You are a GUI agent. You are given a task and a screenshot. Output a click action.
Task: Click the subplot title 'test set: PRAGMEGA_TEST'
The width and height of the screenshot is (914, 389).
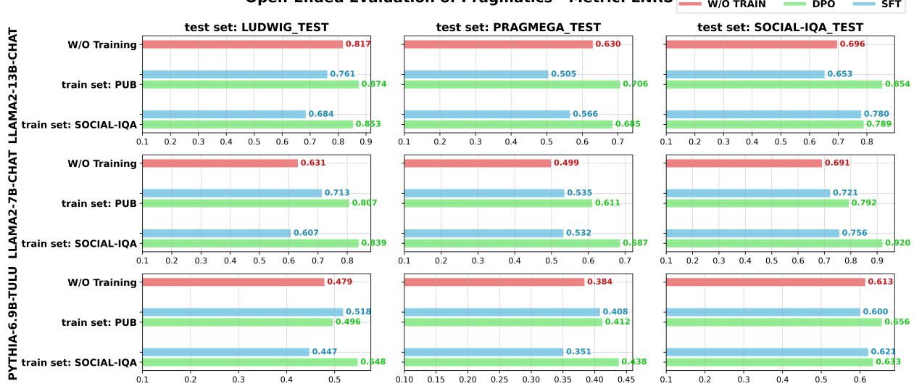(x=518, y=28)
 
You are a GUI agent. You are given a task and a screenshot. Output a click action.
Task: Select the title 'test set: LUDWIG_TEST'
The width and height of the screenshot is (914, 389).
(x=256, y=28)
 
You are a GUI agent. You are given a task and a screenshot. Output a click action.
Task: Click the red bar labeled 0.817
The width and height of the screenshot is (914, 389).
(x=242, y=44)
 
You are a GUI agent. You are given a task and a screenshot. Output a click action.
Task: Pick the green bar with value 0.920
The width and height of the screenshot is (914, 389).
(x=773, y=243)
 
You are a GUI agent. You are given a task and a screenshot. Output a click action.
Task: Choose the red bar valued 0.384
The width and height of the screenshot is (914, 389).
(x=494, y=282)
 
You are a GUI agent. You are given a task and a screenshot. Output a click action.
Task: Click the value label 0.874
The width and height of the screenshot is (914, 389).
(x=374, y=84)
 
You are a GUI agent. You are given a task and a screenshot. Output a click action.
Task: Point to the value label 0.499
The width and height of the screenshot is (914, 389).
(x=565, y=163)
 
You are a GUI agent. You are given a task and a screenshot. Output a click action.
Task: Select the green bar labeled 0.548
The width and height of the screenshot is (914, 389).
(x=250, y=362)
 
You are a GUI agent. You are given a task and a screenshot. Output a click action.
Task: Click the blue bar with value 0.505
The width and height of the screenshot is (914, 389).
(x=476, y=74)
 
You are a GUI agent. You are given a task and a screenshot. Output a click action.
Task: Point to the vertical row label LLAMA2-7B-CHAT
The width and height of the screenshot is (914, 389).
(x=13, y=205)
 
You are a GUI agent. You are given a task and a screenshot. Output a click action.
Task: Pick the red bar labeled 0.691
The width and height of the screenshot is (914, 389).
(x=744, y=163)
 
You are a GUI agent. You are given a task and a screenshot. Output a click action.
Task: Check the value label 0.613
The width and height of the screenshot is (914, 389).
(x=880, y=282)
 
